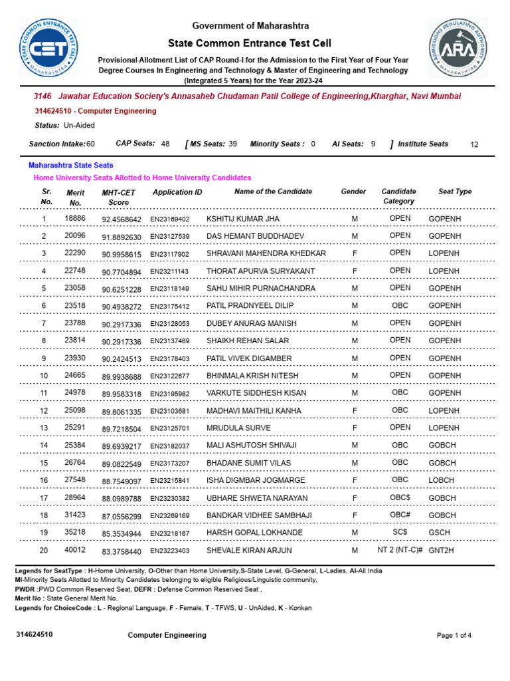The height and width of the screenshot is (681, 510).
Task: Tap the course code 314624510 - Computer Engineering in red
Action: (95, 111)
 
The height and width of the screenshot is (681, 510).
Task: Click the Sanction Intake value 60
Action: (90, 144)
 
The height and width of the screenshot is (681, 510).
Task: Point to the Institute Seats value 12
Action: (473, 144)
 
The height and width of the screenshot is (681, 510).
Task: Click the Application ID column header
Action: (177, 192)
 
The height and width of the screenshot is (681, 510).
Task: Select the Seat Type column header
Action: (455, 192)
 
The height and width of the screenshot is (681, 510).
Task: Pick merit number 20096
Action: (75, 236)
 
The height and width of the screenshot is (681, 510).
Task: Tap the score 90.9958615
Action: (122, 254)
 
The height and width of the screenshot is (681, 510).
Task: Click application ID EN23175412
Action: (169, 307)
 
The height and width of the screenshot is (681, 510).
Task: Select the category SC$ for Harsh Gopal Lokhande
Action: (400, 533)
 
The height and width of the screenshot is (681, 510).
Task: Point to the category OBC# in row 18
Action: (400, 515)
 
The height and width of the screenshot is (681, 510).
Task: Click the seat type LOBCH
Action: (442, 480)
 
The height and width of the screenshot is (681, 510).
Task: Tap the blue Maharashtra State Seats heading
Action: (70, 165)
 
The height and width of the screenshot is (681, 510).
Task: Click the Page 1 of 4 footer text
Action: (454, 635)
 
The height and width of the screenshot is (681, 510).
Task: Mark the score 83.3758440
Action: (122, 551)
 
